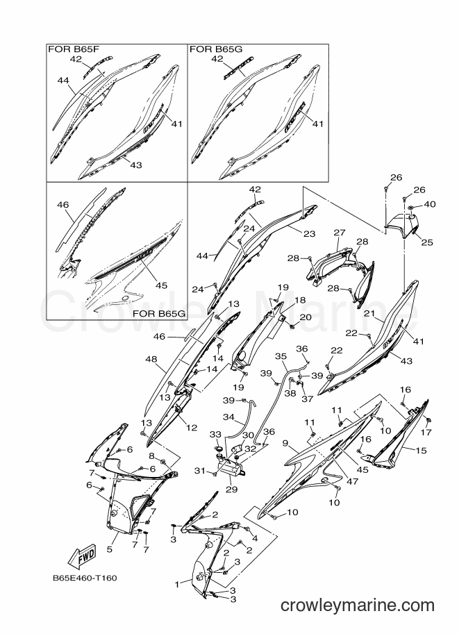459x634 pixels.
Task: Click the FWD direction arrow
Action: tap(82, 555)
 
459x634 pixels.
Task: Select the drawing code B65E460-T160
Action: tap(85, 578)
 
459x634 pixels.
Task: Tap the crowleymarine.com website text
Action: tap(357, 606)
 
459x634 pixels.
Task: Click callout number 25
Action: tap(427, 242)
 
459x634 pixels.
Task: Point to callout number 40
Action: tap(429, 204)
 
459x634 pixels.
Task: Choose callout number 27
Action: tap(340, 233)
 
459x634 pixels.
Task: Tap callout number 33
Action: tap(215, 434)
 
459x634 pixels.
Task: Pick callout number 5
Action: tap(110, 549)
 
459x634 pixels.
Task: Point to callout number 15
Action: tap(421, 451)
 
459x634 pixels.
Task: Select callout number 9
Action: tap(285, 443)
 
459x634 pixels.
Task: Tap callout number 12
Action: tap(191, 427)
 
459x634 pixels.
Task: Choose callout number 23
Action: tap(310, 234)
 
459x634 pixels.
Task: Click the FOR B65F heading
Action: tap(74, 49)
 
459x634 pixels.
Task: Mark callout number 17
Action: tap(426, 432)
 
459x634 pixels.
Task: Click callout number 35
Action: tap(281, 356)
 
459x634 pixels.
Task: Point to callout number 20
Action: tap(306, 317)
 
